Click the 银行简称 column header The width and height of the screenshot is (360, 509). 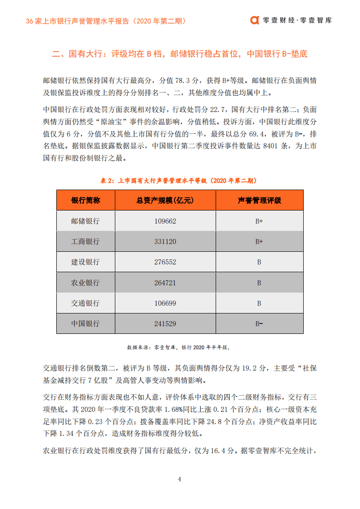[85, 201]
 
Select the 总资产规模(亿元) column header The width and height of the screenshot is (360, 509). [165, 201]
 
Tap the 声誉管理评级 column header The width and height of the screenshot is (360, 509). [259, 201]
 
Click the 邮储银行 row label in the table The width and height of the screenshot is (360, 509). [85, 221]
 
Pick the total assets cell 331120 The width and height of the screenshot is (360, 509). [165, 242]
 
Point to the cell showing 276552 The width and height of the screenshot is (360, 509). [165, 262]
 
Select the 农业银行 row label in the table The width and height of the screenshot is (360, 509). [85, 283]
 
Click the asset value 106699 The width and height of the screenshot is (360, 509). [165, 303]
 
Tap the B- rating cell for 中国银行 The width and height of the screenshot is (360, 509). [259, 324]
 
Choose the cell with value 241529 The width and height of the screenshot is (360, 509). [165, 324]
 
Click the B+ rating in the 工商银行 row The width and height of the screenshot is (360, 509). [259, 242]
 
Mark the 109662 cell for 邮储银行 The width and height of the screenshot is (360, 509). [165, 221]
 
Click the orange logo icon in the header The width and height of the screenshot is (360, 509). [255, 20]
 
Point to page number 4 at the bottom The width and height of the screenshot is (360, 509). [180, 479]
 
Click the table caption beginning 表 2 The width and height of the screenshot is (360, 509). [180, 181]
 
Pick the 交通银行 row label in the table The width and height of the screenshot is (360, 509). [85, 303]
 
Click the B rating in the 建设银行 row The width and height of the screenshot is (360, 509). [259, 262]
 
